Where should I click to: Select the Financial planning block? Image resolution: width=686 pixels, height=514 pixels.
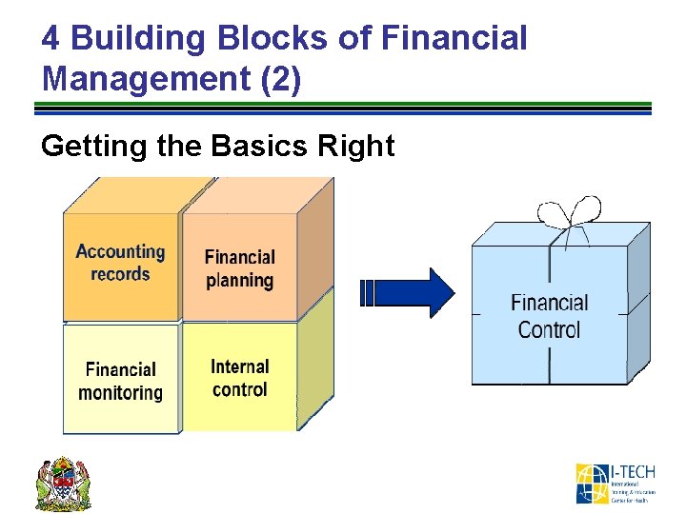coord(239,268)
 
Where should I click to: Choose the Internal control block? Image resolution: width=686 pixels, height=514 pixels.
coord(239,378)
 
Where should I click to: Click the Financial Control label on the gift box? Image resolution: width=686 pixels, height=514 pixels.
coord(549,316)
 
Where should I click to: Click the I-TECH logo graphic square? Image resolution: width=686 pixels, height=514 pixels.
coord(591,484)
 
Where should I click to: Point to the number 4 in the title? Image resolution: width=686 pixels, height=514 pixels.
coord(51,38)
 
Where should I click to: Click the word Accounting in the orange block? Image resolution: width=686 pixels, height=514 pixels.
coord(120,252)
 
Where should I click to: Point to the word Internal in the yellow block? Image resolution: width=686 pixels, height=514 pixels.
coord(240,366)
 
